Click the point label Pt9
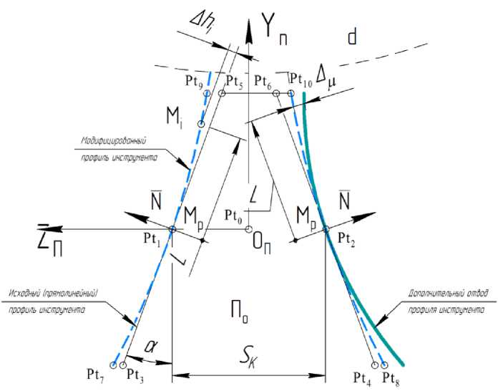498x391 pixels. tap(195, 82)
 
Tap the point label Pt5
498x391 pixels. tap(234, 81)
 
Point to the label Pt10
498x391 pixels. tap(301, 79)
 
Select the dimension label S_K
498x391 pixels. tap(249, 357)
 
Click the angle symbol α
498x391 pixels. tap(150, 345)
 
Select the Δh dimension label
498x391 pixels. tap(201, 26)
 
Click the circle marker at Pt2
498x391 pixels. tap(326, 230)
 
